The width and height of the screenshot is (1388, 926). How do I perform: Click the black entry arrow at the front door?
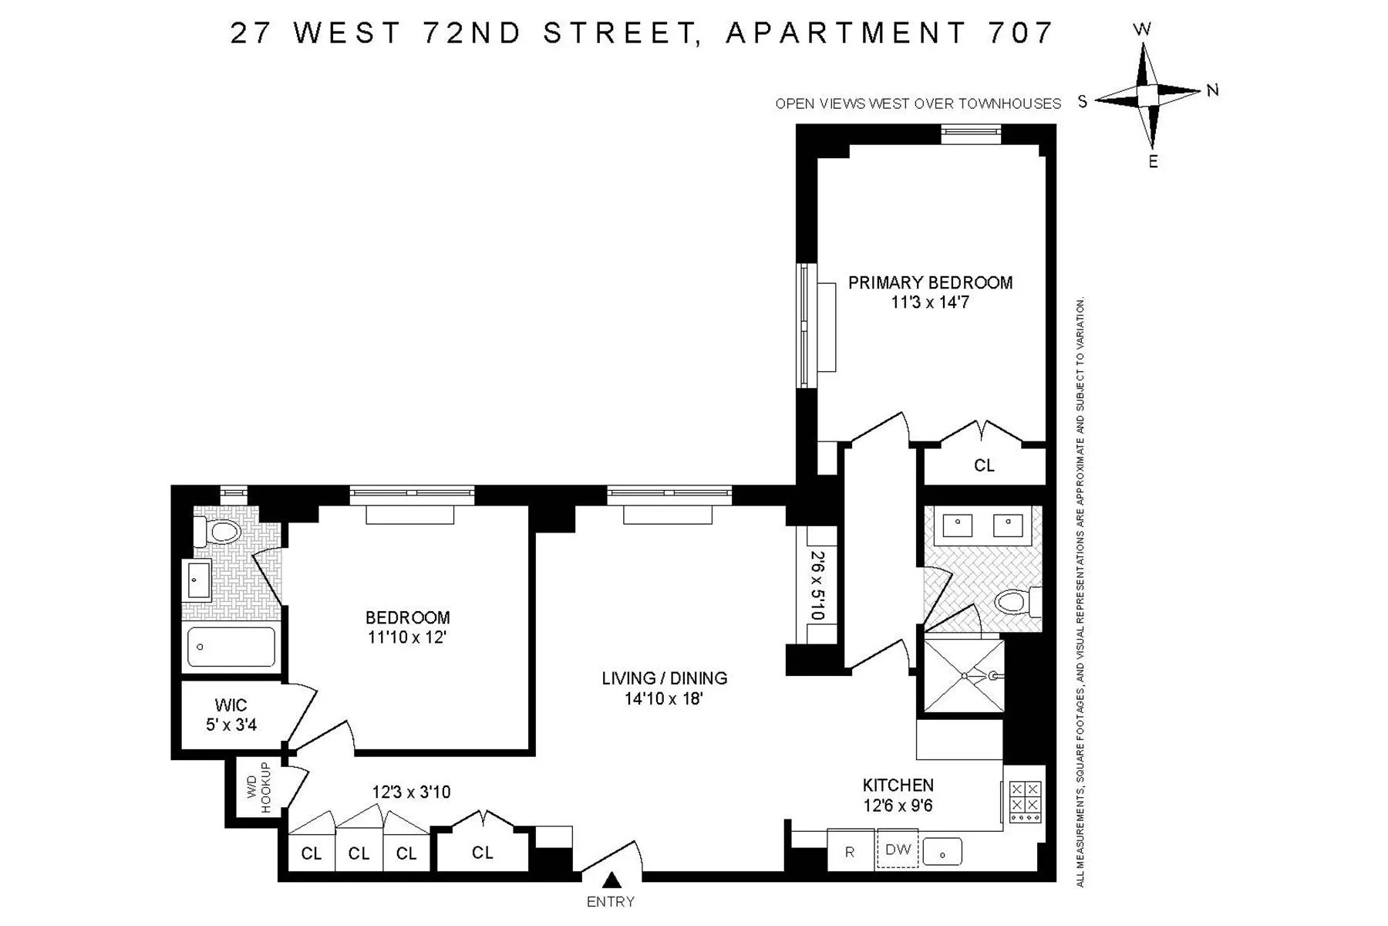612,880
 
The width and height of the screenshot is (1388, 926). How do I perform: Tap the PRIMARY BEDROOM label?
930,283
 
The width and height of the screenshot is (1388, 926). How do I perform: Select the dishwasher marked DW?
898,850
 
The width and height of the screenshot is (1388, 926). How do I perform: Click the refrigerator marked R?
850,852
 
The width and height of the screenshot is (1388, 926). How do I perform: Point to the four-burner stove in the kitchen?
1026,801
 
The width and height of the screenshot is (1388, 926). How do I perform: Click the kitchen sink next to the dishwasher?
942,852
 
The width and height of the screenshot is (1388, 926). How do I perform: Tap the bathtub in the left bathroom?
231,647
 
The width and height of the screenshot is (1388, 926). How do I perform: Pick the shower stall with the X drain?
964,675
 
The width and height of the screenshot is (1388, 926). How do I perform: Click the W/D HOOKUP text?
258,788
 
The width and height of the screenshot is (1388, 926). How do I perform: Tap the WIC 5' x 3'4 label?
231,715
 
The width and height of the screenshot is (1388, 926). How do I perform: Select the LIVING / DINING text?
664,678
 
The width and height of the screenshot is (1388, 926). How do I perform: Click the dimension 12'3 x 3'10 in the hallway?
411,792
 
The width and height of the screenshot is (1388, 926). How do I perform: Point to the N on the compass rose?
1212,90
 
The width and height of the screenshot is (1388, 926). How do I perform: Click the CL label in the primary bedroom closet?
984,465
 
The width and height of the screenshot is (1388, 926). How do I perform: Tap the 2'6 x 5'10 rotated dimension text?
817,584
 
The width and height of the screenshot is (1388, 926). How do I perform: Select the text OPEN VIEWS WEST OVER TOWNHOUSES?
918,103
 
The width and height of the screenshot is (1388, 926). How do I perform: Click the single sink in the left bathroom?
199,580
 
